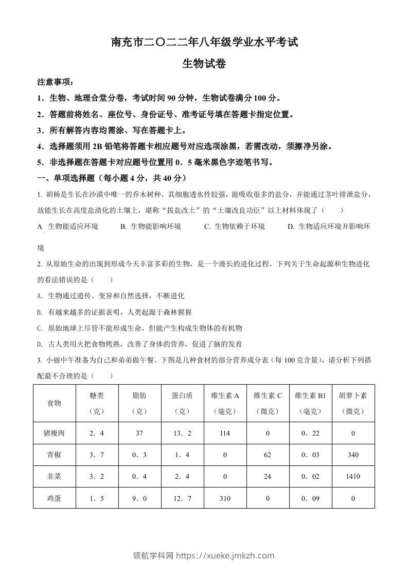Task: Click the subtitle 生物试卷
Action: click(204, 63)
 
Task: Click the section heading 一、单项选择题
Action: click(111, 178)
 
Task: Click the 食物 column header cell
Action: click(54, 403)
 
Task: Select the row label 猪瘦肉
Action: click(54, 434)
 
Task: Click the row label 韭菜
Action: click(54, 476)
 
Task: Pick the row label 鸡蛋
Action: click(54, 498)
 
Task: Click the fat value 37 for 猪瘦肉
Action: click(139, 434)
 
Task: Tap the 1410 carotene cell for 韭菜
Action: click(353, 476)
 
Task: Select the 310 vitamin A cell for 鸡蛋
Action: click(225, 498)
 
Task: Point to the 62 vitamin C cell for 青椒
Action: click(268, 455)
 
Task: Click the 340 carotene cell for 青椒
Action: click(353, 455)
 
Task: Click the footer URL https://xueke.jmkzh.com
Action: click(225, 555)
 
